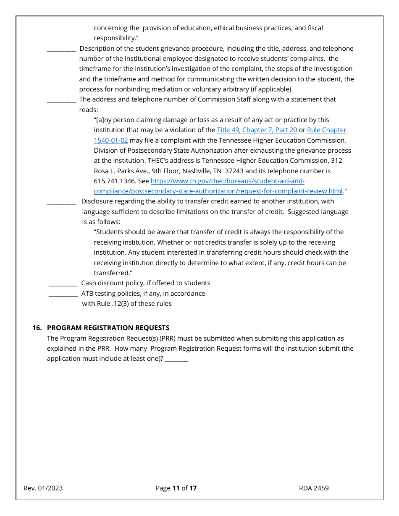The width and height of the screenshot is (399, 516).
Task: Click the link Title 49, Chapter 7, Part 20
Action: (x=257, y=130)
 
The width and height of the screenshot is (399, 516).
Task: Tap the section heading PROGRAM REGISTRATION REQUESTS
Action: (x=108, y=328)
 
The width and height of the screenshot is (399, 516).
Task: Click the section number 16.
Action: (x=37, y=328)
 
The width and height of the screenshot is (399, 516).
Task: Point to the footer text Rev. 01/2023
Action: (x=43, y=488)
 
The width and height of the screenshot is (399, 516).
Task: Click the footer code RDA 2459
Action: (x=314, y=488)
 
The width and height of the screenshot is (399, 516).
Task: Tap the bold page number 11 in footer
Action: (x=176, y=488)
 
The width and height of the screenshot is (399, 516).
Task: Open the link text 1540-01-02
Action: (x=111, y=141)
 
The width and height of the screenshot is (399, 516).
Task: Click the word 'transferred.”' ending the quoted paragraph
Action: (x=113, y=273)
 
